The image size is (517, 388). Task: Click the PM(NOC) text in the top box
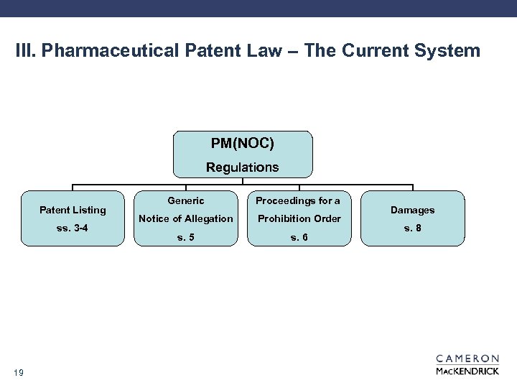243,144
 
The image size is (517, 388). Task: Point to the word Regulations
243,167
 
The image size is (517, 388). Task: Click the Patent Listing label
73,210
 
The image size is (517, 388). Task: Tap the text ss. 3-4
73,228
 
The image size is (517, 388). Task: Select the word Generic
186,201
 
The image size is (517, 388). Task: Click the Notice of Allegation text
186,218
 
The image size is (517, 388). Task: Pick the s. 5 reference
186,237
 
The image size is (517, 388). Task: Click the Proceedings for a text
298,201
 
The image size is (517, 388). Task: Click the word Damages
413,210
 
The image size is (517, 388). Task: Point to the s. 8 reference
413,228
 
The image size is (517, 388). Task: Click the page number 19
19,371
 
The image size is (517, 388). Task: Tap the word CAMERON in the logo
467,359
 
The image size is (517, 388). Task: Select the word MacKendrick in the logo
467,371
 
